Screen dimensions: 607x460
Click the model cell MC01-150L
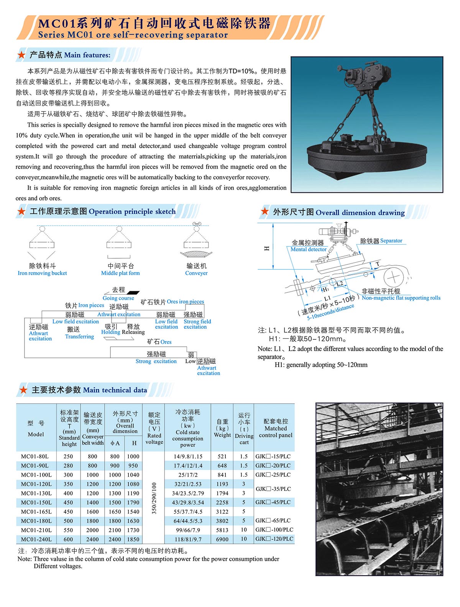(x=36, y=502)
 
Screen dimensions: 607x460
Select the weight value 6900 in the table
(x=222, y=539)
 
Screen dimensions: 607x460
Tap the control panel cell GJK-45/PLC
(x=273, y=502)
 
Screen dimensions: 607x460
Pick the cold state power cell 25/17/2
(x=188, y=475)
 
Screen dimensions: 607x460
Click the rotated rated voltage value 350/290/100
(x=154, y=498)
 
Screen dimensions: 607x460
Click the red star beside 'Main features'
(x=21, y=55)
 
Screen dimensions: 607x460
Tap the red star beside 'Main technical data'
(x=23, y=390)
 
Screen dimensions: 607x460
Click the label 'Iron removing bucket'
(x=42, y=273)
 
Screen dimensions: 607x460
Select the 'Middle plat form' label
(x=120, y=273)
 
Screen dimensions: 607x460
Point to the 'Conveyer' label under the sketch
(x=196, y=273)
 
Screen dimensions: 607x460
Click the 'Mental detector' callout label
(x=309, y=249)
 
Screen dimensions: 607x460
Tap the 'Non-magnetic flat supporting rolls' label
(x=401, y=298)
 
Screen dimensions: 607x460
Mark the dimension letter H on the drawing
(x=267, y=248)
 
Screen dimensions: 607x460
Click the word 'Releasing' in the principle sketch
(x=133, y=332)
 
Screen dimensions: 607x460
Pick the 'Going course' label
(x=118, y=298)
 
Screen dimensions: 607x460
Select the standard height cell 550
(x=68, y=530)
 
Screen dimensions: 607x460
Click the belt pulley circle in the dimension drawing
(x=393, y=277)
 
